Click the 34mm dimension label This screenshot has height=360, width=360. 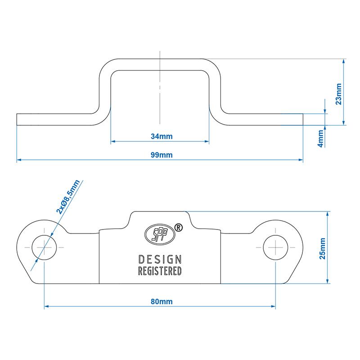[160, 136]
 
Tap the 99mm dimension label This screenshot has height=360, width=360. [160, 155]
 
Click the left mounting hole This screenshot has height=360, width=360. [44, 248]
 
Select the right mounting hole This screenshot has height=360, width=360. [275, 248]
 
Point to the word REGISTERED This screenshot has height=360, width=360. [160, 271]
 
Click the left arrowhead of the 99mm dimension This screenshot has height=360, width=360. [19, 160]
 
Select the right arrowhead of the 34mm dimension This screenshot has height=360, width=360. [207, 142]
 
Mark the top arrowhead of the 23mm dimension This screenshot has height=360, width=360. [344, 60]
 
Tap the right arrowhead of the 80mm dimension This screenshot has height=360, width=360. [273, 307]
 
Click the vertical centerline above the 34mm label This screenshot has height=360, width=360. [160, 90]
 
